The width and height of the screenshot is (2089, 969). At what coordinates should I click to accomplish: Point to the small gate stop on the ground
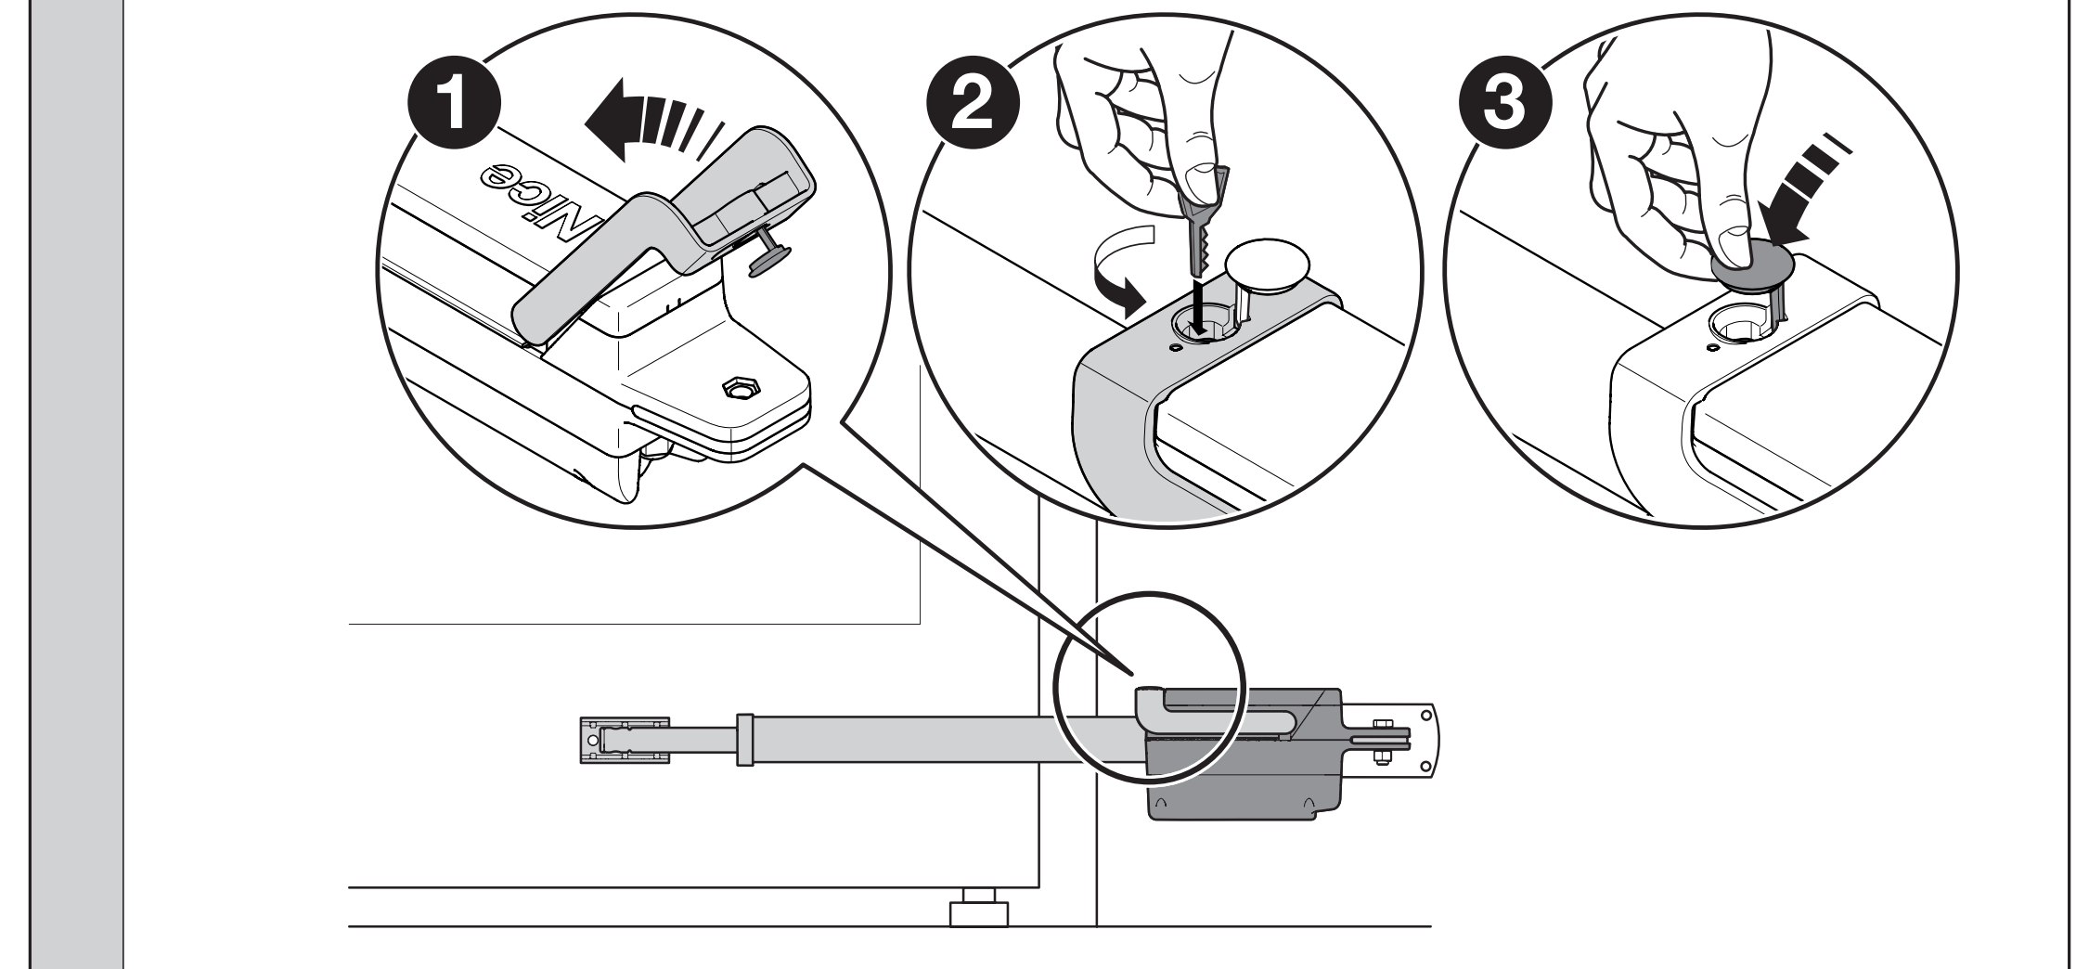click(x=978, y=913)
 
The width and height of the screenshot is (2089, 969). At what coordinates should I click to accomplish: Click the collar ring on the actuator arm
click(x=743, y=739)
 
